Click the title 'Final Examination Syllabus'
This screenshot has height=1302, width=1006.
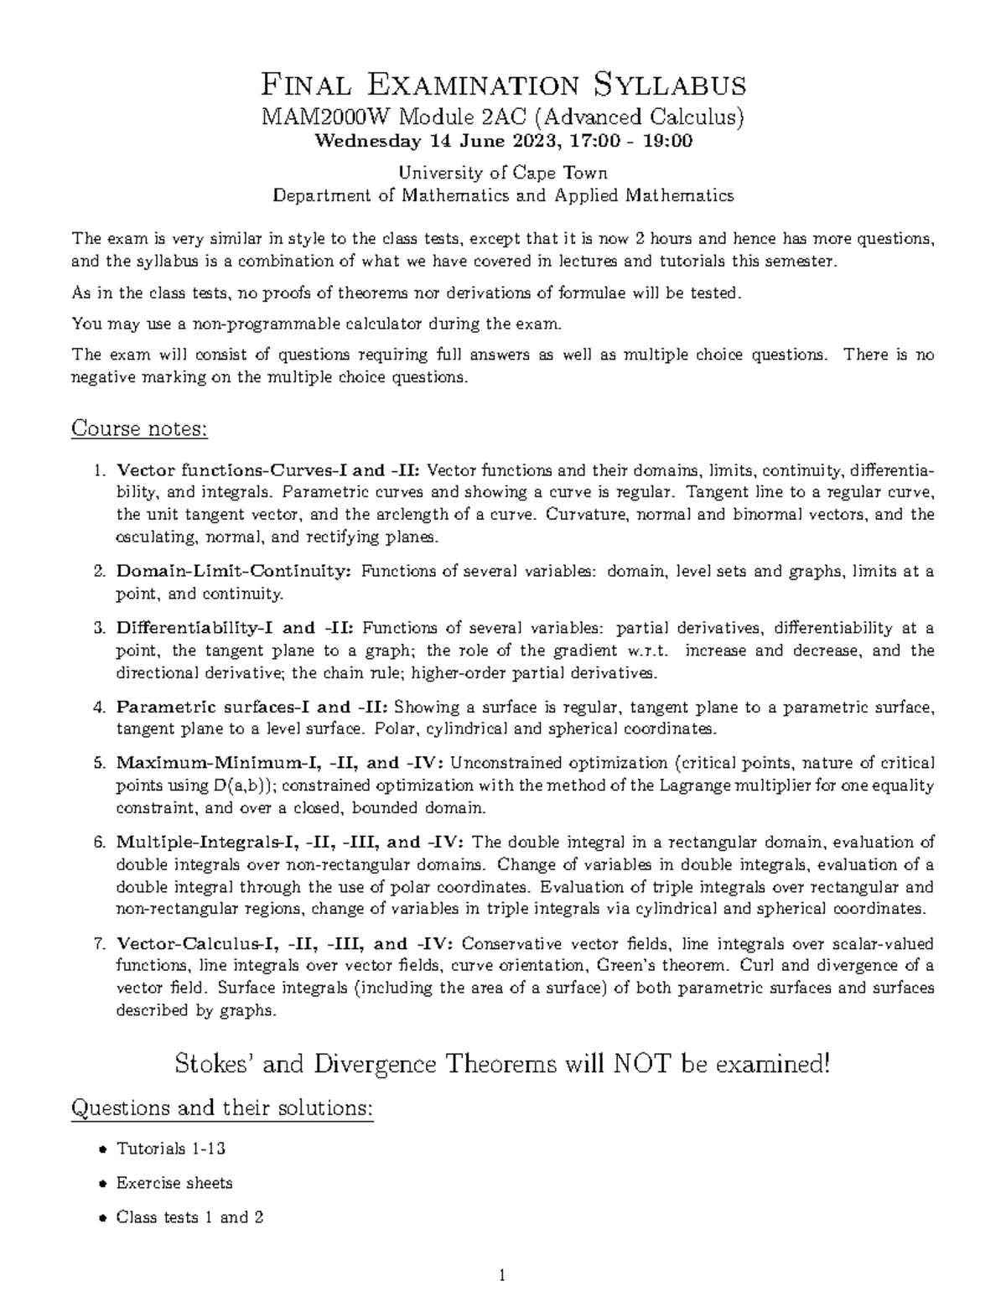(503, 85)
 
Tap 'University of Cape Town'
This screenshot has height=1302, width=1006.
(503, 173)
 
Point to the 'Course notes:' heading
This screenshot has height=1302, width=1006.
(139, 428)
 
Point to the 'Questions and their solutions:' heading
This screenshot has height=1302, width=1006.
(222, 1108)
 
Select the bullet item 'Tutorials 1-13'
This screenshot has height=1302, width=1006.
(171, 1149)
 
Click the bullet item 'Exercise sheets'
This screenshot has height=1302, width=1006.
(174, 1183)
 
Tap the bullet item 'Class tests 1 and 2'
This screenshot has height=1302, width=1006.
(190, 1217)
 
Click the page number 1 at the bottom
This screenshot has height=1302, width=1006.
(503, 1277)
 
